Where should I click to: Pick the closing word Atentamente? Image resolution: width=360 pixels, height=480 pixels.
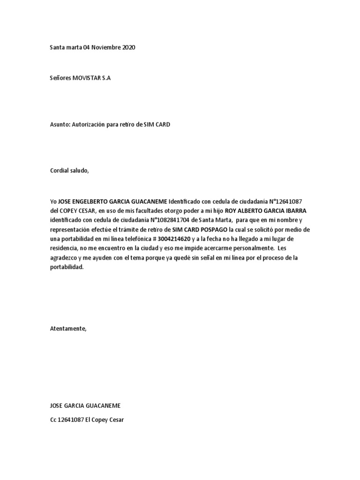68,329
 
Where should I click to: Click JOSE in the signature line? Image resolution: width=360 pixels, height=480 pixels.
57,405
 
